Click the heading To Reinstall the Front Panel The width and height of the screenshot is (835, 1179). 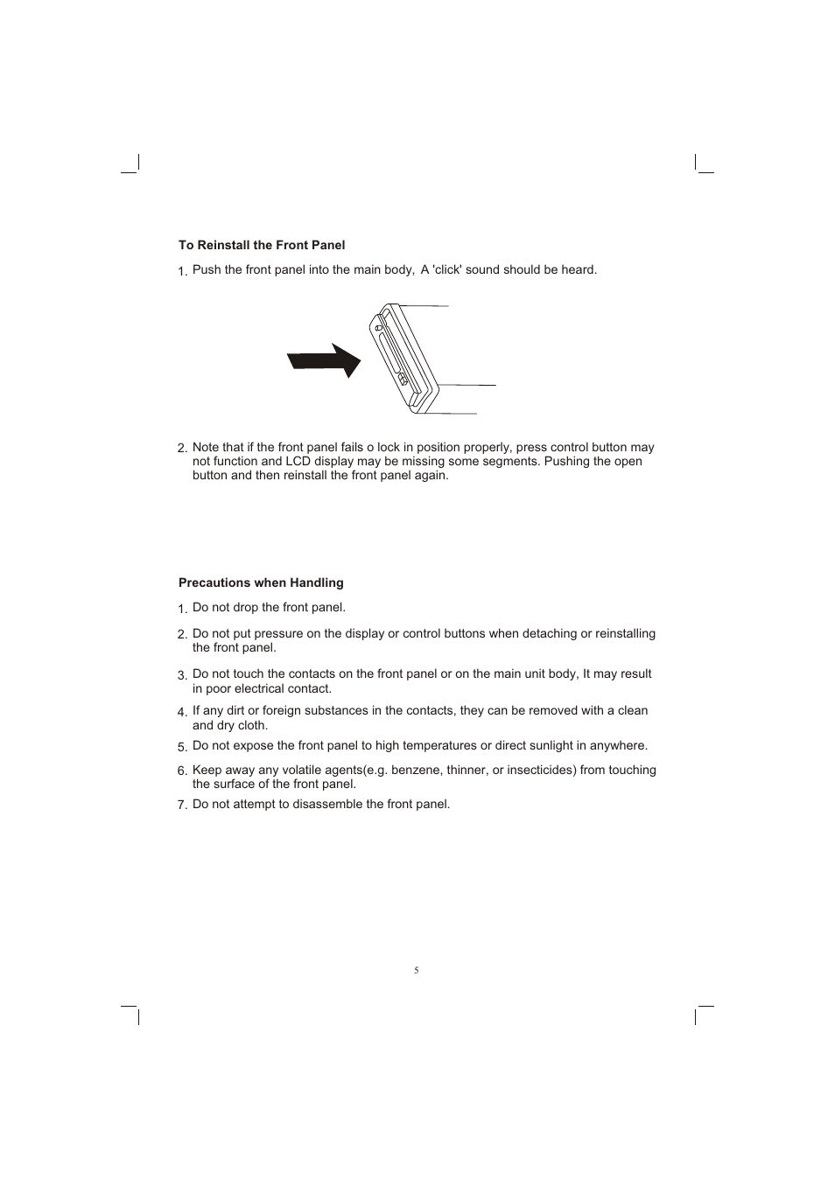262,245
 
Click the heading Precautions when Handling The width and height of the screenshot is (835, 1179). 261,583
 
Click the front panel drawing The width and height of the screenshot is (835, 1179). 403,358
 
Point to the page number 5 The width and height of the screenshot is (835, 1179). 417,970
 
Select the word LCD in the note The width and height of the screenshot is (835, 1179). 298,461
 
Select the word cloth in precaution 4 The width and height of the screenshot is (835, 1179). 252,725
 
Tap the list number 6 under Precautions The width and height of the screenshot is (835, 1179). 182,771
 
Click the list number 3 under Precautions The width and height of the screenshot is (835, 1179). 182,674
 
